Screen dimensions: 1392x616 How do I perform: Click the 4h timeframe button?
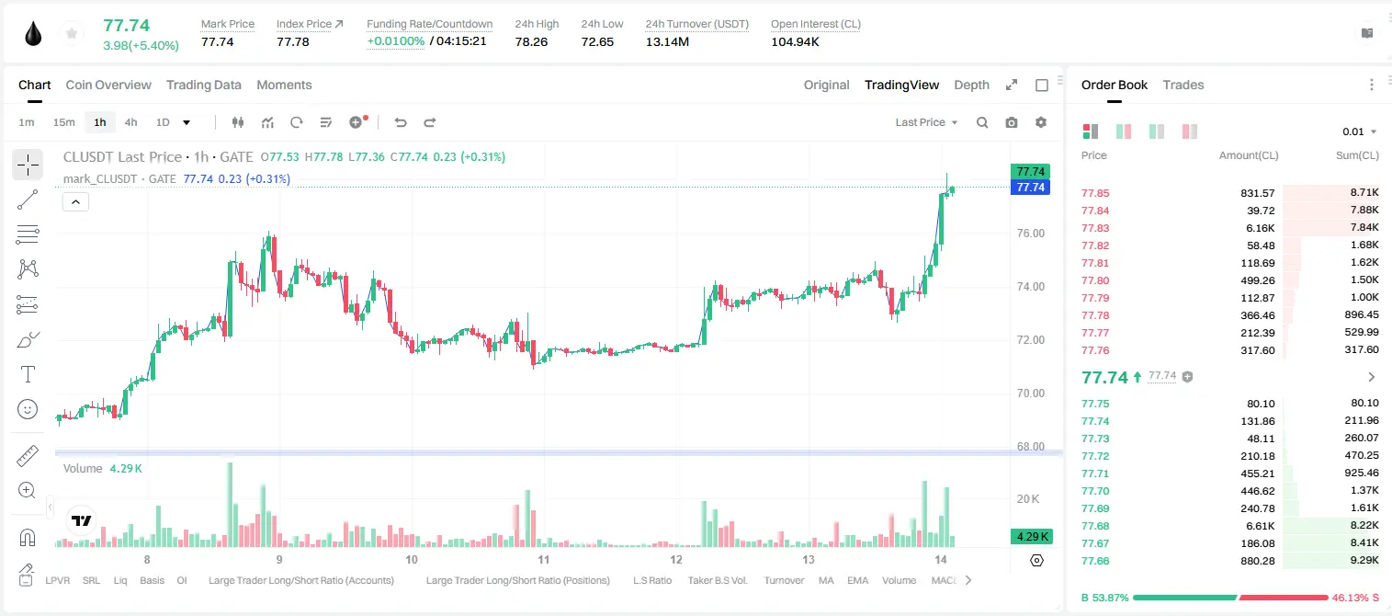[x=130, y=122]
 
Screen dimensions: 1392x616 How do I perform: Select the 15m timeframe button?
[x=64, y=122]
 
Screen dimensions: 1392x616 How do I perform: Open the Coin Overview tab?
[x=108, y=85]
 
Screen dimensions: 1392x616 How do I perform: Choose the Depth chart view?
[x=971, y=85]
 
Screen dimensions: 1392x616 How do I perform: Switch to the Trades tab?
[x=1183, y=85]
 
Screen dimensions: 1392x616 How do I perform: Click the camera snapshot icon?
[x=1012, y=122]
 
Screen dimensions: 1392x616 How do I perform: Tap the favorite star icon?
[x=72, y=34]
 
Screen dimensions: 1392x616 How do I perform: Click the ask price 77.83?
[x=1095, y=228]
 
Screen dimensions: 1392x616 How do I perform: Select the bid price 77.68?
[x=1095, y=526]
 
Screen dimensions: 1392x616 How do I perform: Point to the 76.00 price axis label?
[x=1030, y=234]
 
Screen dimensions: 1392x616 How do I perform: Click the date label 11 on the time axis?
[x=544, y=559]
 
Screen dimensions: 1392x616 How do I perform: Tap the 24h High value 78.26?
[x=531, y=41]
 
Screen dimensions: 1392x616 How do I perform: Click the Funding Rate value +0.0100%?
[x=396, y=41]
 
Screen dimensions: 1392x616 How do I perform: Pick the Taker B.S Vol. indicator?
[x=717, y=580]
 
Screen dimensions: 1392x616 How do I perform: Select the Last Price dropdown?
[x=926, y=122]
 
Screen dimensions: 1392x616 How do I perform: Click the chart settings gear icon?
[x=1041, y=122]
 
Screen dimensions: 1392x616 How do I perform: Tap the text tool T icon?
[x=28, y=374]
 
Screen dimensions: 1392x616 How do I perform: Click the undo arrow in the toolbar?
[x=401, y=122]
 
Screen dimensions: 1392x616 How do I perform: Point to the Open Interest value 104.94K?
[x=795, y=41]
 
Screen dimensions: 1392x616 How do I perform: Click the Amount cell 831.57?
[x=1257, y=193]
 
